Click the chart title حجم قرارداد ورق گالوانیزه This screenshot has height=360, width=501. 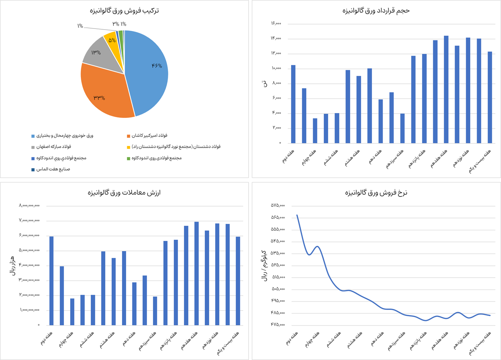pos(376,10)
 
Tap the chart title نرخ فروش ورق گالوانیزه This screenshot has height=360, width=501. pos(376,192)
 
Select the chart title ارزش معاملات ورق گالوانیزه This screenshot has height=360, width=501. pos(124,192)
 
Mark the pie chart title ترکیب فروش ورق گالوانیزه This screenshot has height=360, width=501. pos(124,10)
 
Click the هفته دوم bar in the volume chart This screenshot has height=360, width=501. pos(293,104)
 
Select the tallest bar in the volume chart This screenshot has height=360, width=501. pos(446,89)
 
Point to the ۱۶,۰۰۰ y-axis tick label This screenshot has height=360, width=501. pos(276,24)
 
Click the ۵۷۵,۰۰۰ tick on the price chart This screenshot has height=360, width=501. pos(278,205)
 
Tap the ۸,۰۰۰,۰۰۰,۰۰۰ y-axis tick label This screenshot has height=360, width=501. pos(29,205)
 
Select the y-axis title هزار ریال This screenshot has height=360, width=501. pos(12,265)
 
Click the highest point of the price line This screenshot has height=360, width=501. pos(297,215)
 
